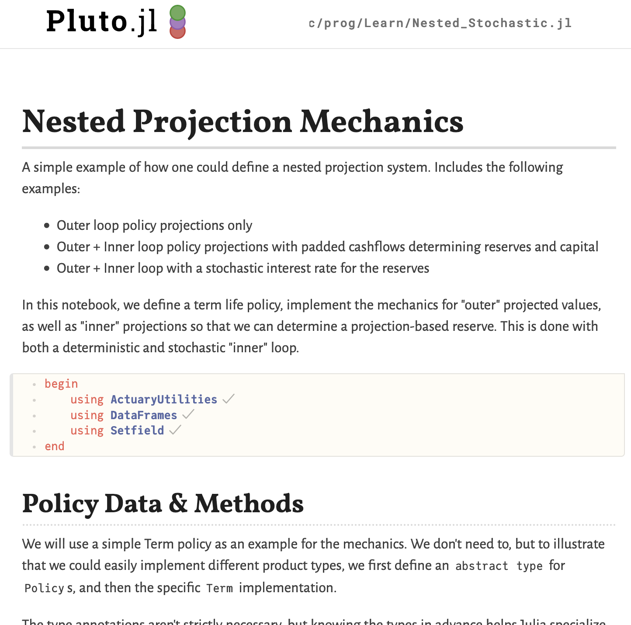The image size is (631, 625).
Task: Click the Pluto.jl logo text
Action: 101,21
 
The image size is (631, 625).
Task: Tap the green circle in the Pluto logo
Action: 177,13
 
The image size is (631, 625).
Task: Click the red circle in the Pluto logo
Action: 177,32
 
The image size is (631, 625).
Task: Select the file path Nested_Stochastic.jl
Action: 440,23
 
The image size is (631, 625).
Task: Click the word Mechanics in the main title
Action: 381,122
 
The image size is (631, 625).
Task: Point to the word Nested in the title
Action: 73,122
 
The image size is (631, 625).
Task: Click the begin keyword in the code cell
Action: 61,384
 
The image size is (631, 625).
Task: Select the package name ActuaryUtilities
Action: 163,399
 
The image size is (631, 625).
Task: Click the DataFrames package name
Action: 143,415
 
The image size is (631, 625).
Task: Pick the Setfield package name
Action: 137,431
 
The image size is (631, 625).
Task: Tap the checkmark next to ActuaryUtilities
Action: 228,399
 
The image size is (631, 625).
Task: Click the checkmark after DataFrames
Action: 188,414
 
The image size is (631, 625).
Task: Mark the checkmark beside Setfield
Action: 175,430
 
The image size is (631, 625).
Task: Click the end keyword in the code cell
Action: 55,446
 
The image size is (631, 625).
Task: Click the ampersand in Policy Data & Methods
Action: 177,504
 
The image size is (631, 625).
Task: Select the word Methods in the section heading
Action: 249,504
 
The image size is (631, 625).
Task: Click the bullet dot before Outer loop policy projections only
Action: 47,226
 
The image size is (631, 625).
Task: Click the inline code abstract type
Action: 499,566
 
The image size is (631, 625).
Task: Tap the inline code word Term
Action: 219,588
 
